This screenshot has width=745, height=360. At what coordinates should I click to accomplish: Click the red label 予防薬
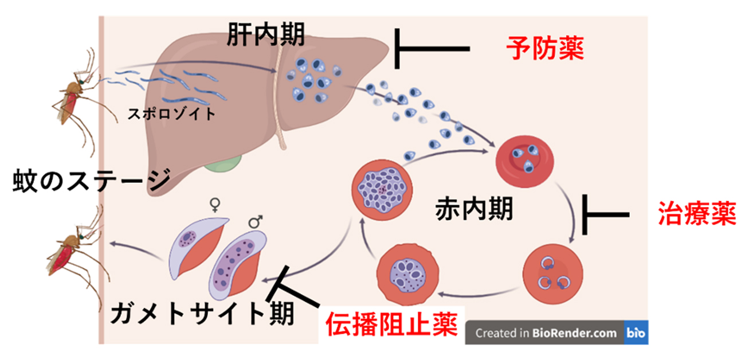(545, 50)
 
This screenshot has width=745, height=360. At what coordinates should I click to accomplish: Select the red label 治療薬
(696, 215)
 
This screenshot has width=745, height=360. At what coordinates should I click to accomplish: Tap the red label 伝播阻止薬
(392, 325)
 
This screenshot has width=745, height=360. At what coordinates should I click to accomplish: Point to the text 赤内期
(473, 209)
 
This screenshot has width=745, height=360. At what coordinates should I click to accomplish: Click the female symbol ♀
(215, 205)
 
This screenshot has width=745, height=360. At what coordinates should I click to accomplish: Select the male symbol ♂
(256, 221)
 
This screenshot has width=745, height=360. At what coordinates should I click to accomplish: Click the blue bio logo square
(636, 332)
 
